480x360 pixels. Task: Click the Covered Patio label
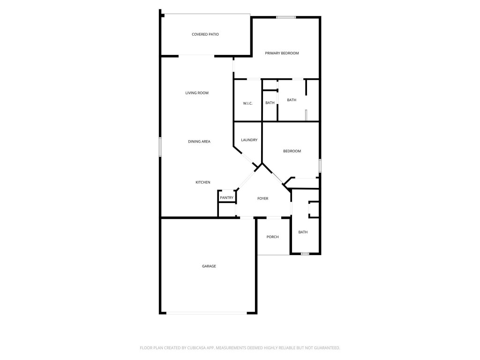pyautogui.click(x=205, y=34)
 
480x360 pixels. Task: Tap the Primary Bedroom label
pyautogui.click(x=282, y=53)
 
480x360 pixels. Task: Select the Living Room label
pyautogui.click(x=197, y=93)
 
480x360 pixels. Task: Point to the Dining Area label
pyautogui.click(x=199, y=142)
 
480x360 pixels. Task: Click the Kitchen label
pyautogui.click(x=203, y=182)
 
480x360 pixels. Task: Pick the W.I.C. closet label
pyautogui.click(x=248, y=103)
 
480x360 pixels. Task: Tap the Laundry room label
pyautogui.click(x=249, y=140)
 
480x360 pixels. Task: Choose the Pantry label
pyautogui.click(x=226, y=198)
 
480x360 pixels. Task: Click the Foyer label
pyautogui.click(x=262, y=199)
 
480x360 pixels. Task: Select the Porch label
pyautogui.click(x=272, y=237)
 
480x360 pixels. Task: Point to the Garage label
pyautogui.click(x=209, y=266)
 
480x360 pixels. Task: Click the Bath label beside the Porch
pyautogui.click(x=303, y=232)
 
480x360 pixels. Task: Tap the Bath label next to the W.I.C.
pyautogui.click(x=270, y=103)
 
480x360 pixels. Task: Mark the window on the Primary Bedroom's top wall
pyautogui.click(x=285, y=17)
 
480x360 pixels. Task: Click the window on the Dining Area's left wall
pyautogui.click(x=160, y=147)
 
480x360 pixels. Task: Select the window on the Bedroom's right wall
pyautogui.click(x=320, y=165)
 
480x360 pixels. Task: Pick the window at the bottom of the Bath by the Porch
pyautogui.click(x=305, y=254)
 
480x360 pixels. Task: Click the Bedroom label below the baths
pyautogui.click(x=292, y=151)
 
